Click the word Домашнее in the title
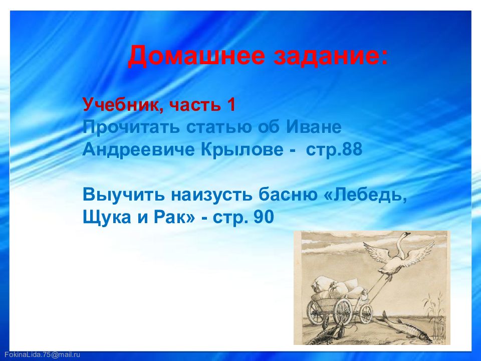tap(196, 56)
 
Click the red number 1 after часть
tap(231, 104)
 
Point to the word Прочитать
tap(131, 127)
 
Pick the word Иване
tap(314, 127)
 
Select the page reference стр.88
tap(334, 150)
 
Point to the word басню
tap(288, 195)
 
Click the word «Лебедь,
tap(365, 195)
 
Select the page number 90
tap(264, 217)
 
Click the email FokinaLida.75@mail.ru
tap(42, 354)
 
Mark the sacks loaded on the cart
tap(335, 288)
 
